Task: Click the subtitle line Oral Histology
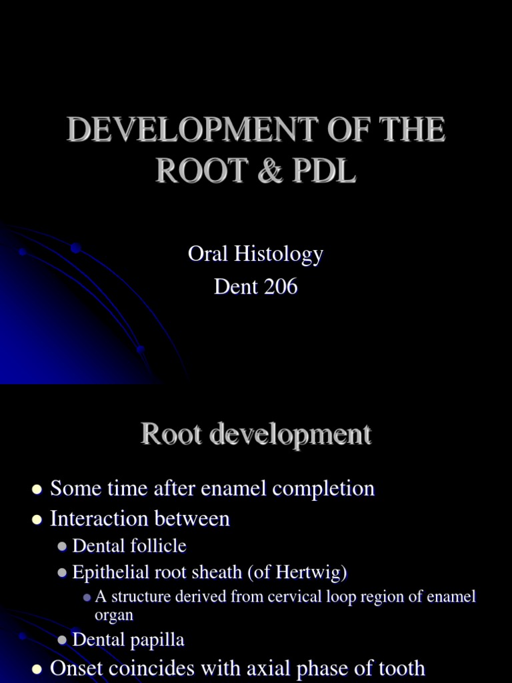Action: (256, 254)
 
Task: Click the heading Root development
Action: (256, 435)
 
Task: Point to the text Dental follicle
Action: (129, 546)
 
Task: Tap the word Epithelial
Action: (107, 572)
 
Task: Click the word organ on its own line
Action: (114, 615)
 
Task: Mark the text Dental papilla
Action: (128, 640)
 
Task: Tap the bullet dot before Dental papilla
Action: (62, 641)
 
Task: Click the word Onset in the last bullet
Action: (79, 668)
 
